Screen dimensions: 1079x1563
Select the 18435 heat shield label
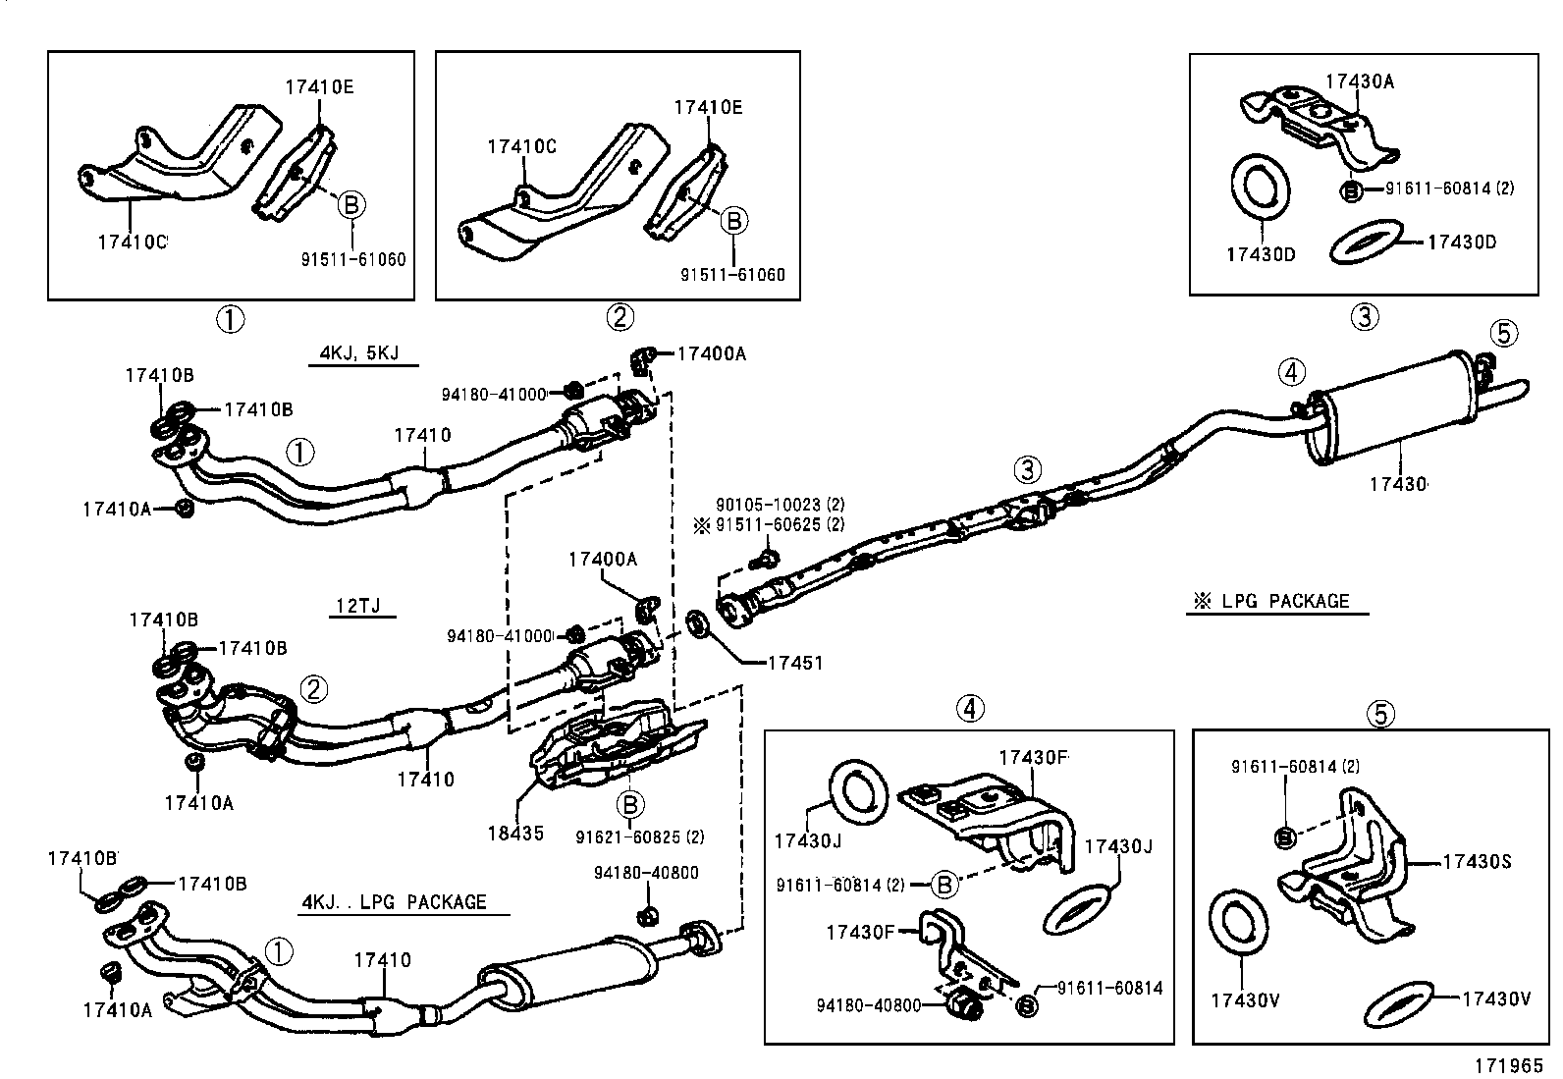point(514,834)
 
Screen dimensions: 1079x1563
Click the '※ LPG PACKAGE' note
point(1276,601)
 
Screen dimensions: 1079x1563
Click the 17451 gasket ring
point(698,622)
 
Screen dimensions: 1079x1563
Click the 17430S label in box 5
point(1476,862)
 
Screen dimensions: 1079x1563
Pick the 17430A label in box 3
point(1359,82)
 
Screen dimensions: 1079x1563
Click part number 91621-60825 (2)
point(639,836)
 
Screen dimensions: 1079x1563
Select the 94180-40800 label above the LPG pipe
point(645,873)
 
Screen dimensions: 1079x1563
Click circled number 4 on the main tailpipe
point(1292,372)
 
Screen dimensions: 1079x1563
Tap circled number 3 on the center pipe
point(1027,469)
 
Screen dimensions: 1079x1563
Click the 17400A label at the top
point(711,353)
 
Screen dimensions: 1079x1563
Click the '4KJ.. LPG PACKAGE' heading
point(394,901)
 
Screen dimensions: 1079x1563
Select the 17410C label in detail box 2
point(521,147)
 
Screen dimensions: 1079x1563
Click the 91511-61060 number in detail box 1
point(352,259)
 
